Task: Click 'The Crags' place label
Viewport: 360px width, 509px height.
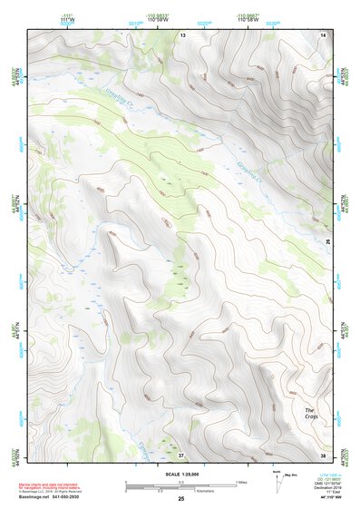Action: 309,414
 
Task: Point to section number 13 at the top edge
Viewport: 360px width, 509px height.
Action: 181,34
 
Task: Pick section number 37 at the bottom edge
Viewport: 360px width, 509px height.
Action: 181,454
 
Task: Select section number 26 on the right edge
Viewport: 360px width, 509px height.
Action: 327,240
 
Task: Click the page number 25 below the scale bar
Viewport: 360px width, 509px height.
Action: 180,499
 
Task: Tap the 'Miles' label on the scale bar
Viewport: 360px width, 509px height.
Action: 240,482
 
